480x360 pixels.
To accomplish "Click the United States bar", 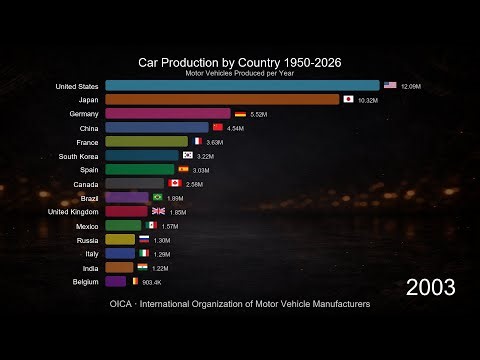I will (x=242, y=86).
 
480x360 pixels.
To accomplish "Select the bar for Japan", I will (x=222, y=100).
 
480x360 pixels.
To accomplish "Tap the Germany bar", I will (x=168, y=114).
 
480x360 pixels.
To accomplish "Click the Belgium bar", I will (x=115, y=281).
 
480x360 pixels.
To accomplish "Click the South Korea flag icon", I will (x=186, y=156).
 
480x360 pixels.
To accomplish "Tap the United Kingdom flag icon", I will (x=158, y=212).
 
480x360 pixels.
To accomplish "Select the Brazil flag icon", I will (x=157, y=198).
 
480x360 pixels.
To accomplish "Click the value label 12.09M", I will (x=410, y=86).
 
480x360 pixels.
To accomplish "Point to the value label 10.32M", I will (x=369, y=100).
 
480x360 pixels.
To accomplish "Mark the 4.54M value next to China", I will (x=236, y=128).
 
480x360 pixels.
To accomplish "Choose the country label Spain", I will (x=84, y=170).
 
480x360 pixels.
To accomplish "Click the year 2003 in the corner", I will (x=430, y=288).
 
